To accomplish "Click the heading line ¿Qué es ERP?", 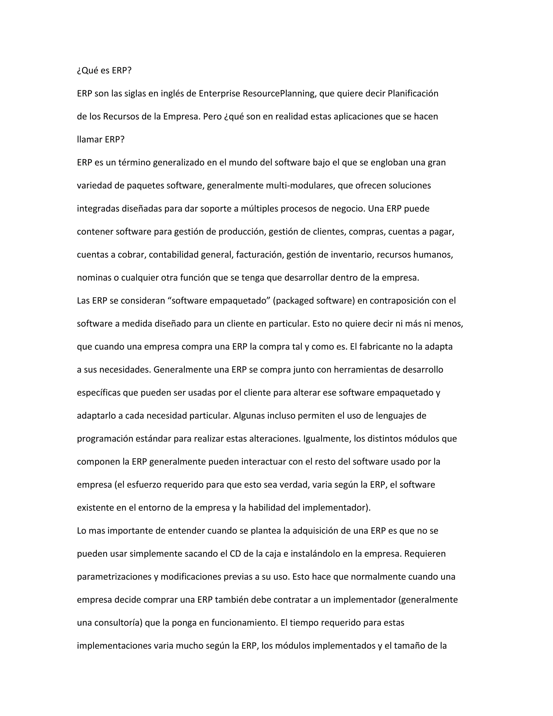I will click(x=104, y=71).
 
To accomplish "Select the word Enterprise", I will click(x=219, y=93).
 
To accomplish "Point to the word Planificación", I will click(x=413, y=93).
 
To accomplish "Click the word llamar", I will click(x=90, y=140).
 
